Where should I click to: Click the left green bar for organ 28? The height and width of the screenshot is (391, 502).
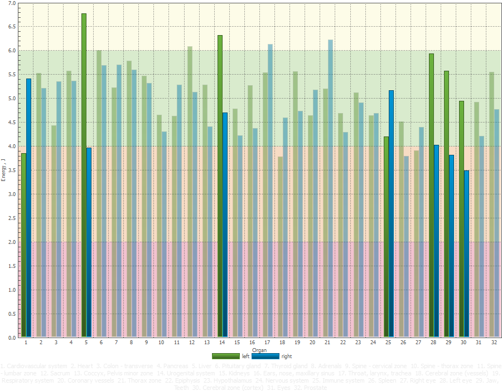431,195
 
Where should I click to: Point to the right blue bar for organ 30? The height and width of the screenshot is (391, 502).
466,254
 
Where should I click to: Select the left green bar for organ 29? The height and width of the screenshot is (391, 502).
446,204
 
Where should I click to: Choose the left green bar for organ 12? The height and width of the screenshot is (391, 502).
190,192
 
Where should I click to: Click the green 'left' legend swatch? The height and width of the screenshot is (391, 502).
226,356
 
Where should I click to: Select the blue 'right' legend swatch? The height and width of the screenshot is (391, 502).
266,356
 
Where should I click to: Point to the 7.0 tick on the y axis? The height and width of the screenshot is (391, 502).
12,3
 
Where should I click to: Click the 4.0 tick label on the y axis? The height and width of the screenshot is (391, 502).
12,146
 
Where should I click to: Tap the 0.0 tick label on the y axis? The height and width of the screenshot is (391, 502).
12,338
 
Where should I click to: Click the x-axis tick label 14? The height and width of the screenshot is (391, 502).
222,343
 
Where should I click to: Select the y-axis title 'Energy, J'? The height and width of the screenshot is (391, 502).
4,170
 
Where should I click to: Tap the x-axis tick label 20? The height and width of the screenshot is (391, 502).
312,343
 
